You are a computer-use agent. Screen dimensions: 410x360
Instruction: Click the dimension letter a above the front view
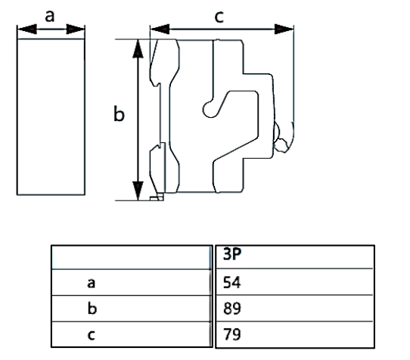(50, 16)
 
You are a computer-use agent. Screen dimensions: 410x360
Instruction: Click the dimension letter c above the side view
(219, 17)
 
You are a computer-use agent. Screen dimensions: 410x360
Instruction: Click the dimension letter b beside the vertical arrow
(119, 113)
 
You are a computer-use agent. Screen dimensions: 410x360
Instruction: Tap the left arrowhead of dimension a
(27, 29)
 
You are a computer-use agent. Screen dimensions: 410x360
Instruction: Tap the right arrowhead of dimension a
(76, 29)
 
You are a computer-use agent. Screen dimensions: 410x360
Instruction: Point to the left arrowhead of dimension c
(160, 29)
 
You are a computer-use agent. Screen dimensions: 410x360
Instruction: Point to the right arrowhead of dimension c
(284, 29)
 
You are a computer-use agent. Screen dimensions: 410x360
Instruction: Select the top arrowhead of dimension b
(138, 48)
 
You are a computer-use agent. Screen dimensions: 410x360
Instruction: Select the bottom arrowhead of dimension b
(138, 191)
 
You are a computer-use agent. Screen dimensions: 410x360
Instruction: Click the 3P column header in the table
(232, 254)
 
